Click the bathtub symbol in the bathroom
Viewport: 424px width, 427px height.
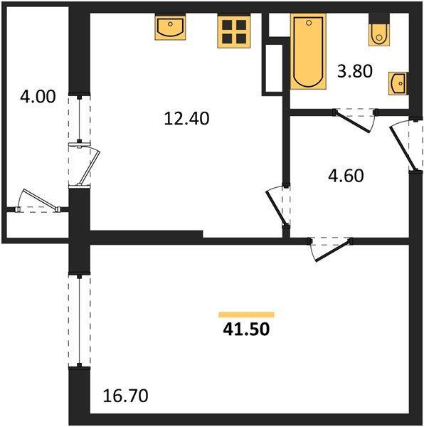pos(307,53)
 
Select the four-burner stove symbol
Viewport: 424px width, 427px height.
pos(233,31)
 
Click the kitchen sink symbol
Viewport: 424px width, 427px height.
pos(170,28)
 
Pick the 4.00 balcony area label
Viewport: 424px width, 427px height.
pos(37,97)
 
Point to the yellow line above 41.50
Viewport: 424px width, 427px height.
pos(246,314)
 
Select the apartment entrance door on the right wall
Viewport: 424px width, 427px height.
pos(403,146)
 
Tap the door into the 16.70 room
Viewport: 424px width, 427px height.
pos(330,248)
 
